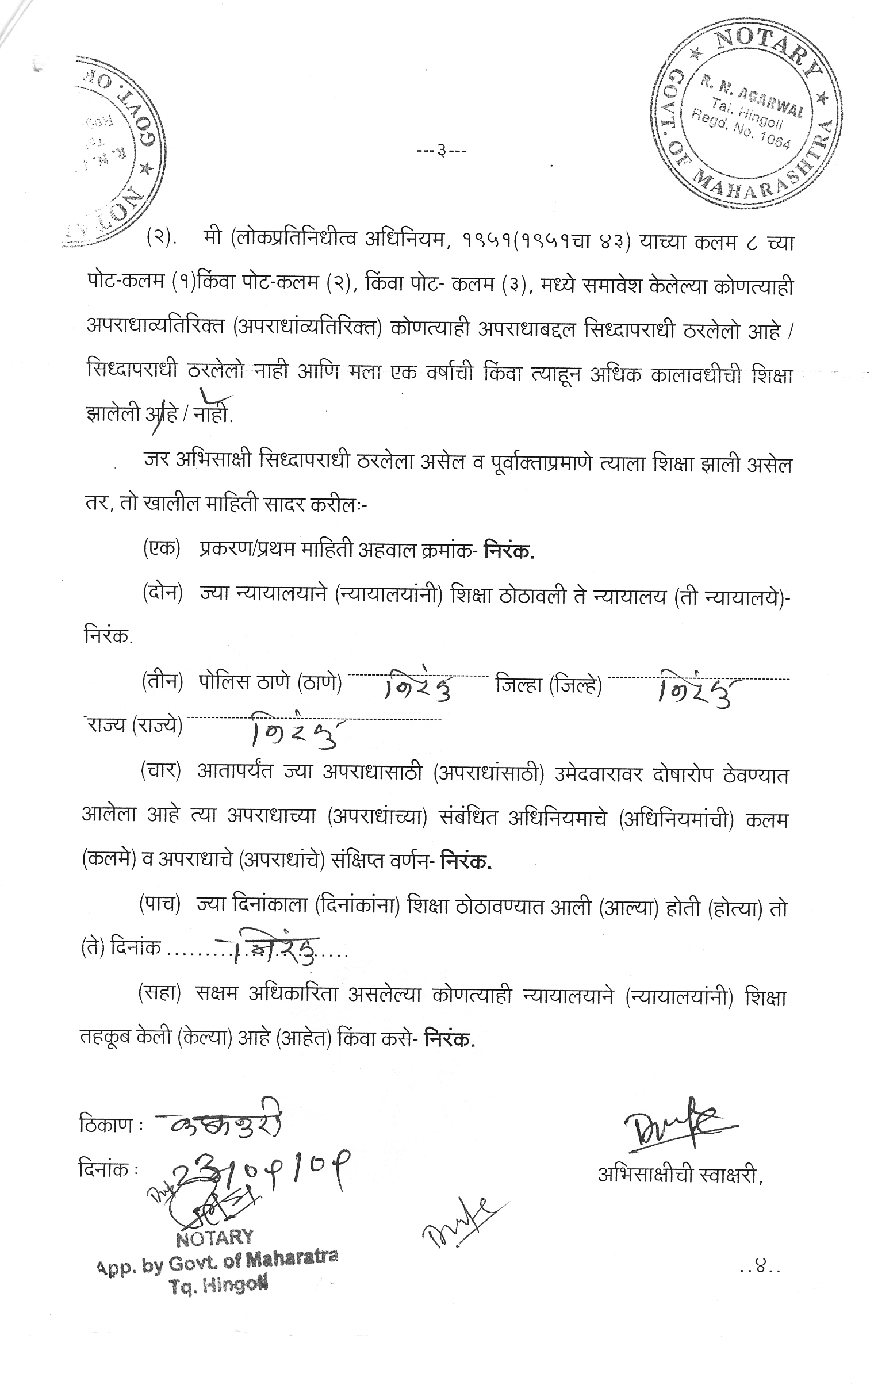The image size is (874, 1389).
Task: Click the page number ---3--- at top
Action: point(442,152)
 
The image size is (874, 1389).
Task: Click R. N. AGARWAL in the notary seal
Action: point(752,96)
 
